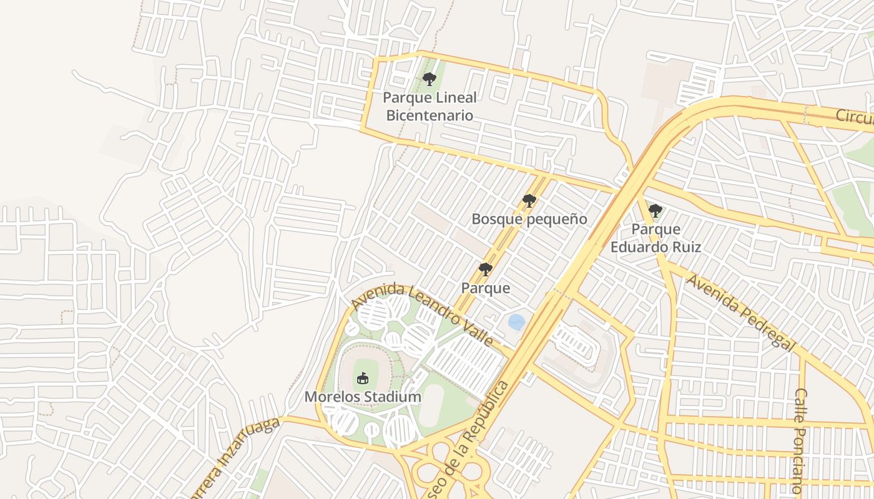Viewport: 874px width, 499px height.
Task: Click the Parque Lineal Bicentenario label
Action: point(430,107)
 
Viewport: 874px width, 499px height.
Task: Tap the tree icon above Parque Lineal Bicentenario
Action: point(429,79)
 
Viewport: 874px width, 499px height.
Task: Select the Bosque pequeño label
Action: point(529,219)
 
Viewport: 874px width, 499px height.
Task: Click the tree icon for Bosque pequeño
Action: point(529,201)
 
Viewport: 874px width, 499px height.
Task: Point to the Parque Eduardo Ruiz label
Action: point(655,238)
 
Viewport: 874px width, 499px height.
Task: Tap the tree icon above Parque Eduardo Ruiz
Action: point(655,211)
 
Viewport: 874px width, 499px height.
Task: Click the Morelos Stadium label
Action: point(363,397)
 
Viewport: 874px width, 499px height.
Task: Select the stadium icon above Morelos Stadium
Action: point(363,378)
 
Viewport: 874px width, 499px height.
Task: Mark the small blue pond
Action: point(516,322)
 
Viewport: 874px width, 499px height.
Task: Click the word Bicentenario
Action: point(430,115)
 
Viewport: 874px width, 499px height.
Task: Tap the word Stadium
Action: point(395,397)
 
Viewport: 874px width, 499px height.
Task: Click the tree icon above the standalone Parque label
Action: point(485,269)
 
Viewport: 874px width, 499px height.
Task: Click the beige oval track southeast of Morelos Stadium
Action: point(431,405)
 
